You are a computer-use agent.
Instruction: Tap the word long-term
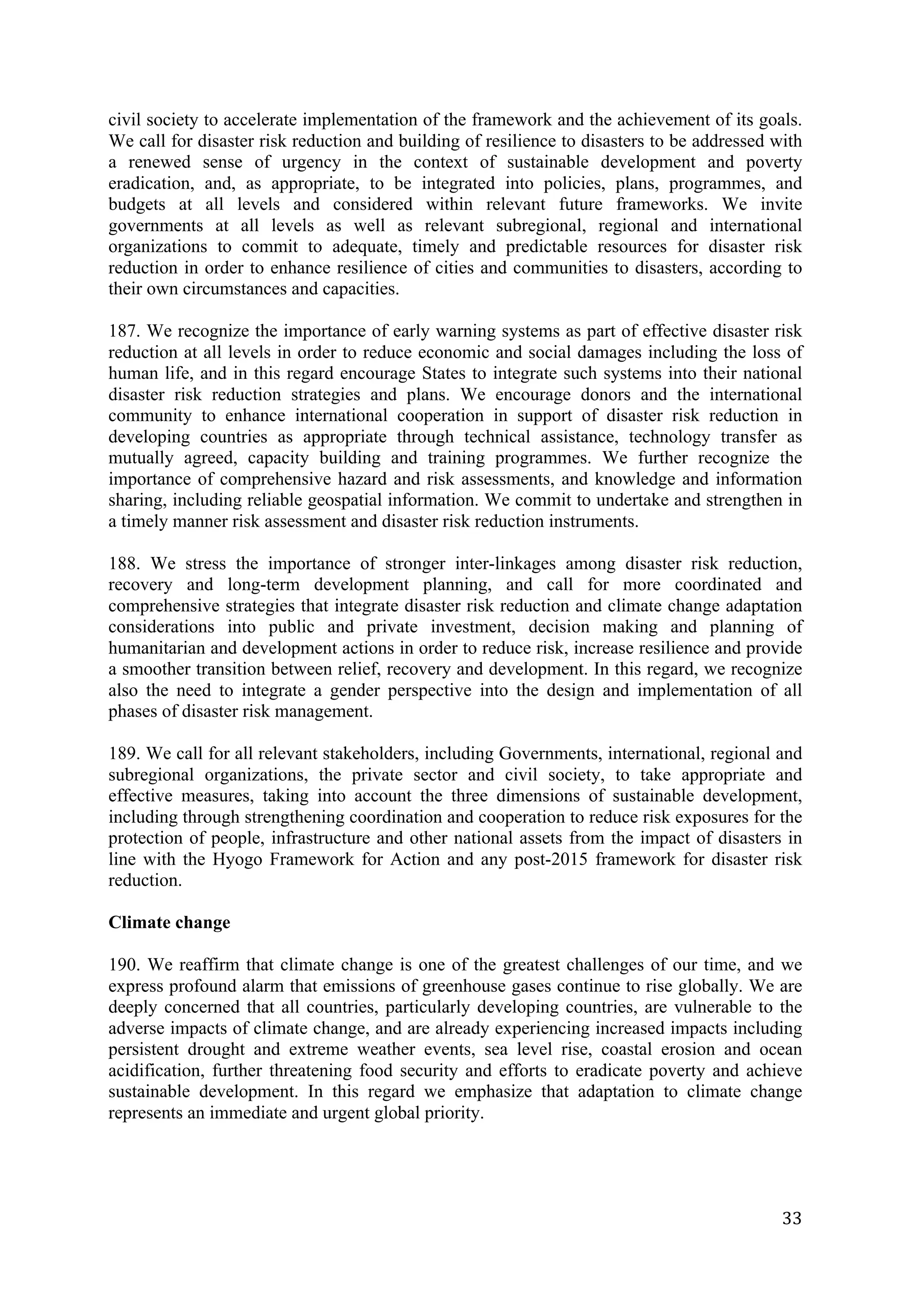click(264, 585)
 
